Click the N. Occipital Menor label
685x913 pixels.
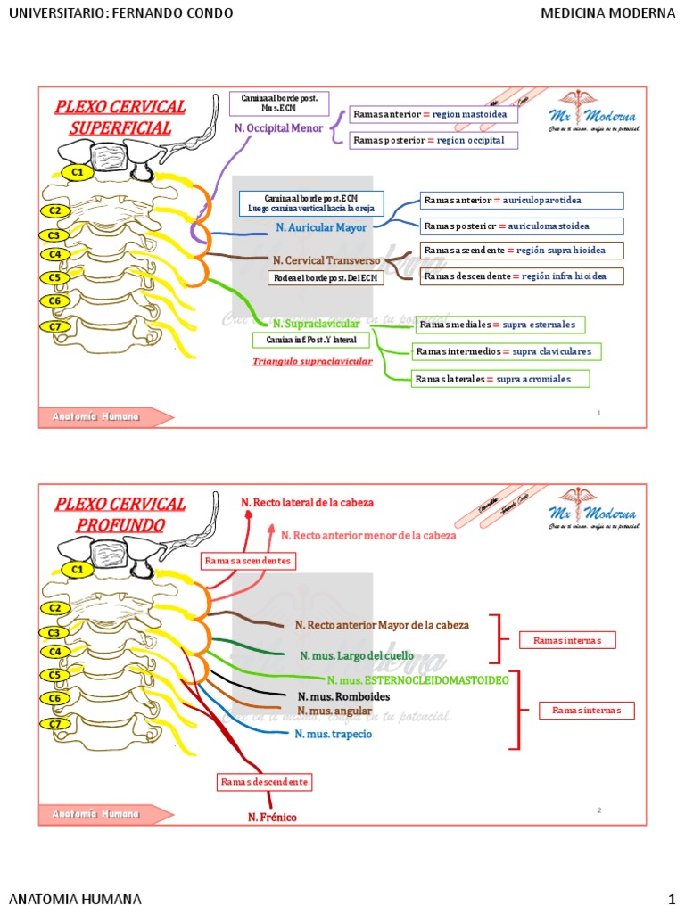click(x=278, y=128)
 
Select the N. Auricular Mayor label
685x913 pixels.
click(x=321, y=227)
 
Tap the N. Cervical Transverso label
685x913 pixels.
click(x=326, y=260)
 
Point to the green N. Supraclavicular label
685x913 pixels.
click(x=316, y=323)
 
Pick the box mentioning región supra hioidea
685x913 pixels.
click(x=522, y=250)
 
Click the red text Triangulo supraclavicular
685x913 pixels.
click(x=312, y=362)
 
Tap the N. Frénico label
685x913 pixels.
click(x=272, y=817)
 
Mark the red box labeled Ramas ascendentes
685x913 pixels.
click(x=248, y=561)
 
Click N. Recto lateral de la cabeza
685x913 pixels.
click(x=307, y=503)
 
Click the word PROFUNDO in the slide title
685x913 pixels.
click(x=120, y=524)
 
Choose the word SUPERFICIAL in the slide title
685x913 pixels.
click(x=120, y=127)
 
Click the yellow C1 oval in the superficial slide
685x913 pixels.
click(x=78, y=171)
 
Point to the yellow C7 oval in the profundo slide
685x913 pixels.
click(x=55, y=723)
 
